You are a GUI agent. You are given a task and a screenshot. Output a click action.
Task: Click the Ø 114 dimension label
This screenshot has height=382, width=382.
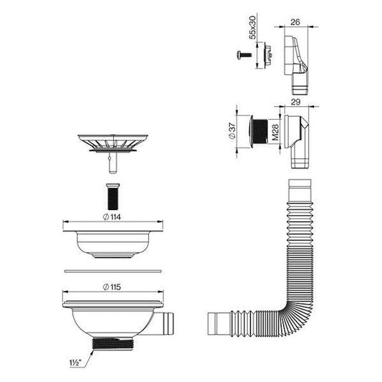(x=112, y=217)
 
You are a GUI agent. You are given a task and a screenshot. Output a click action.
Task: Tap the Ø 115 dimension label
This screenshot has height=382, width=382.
(x=112, y=287)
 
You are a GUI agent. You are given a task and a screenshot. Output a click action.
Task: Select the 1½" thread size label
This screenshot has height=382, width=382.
(x=75, y=363)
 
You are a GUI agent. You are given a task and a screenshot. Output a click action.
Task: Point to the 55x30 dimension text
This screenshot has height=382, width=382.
(x=253, y=27)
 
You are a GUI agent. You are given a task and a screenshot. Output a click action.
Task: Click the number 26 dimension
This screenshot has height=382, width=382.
(x=295, y=22)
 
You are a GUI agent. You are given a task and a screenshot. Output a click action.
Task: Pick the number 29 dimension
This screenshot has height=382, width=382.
(x=295, y=102)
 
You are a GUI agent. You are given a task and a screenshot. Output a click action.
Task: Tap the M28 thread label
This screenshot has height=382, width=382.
(x=275, y=133)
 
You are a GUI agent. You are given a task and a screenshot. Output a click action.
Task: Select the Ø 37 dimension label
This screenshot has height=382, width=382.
(x=232, y=131)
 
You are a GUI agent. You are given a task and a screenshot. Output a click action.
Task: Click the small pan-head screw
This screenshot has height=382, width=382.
(x=244, y=54)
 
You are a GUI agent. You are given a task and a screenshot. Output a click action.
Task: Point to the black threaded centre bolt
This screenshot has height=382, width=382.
(x=113, y=196)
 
